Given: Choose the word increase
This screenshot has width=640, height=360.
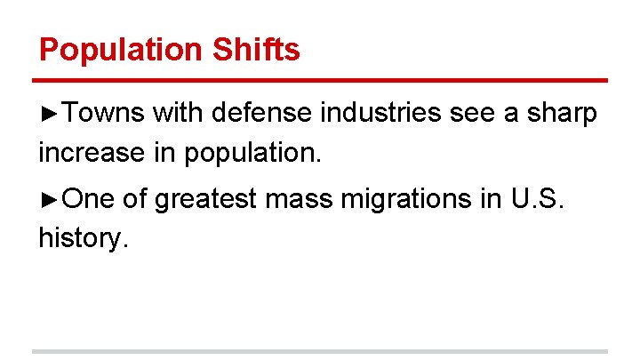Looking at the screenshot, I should [91, 152].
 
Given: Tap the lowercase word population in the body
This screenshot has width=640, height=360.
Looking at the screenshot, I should [251, 154].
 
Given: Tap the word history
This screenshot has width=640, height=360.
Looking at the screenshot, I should [83, 238].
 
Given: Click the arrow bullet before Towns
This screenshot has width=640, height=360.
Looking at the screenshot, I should [49, 114].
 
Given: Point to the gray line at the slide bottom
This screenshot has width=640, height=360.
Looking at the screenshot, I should [320, 351].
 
